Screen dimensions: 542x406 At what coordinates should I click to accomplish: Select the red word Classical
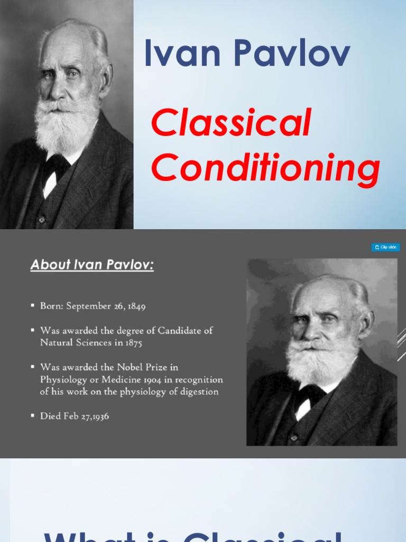(231, 124)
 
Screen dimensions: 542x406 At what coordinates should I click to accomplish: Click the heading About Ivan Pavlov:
(92, 265)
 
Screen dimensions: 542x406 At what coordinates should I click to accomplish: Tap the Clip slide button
(385, 247)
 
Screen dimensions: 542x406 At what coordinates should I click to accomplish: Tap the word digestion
(199, 392)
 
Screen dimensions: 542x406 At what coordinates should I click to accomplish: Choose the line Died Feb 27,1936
(75, 416)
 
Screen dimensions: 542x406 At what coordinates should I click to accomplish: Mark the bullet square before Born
(33, 306)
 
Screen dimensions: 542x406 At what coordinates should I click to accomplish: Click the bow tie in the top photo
(55, 167)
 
